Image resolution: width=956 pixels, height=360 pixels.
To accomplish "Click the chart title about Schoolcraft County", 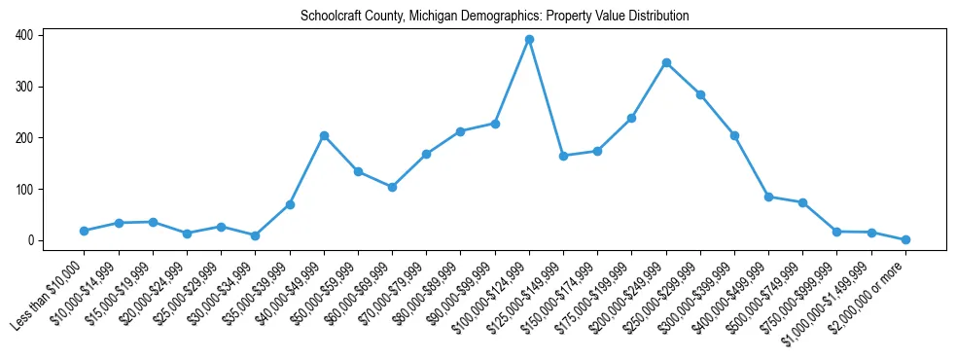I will pyautogui.click(x=495, y=17).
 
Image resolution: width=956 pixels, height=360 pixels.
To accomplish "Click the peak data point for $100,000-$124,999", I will pyautogui.click(x=529, y=39).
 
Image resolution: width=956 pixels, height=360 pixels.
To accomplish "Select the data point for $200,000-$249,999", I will pyautogui.click(x=666, y=62).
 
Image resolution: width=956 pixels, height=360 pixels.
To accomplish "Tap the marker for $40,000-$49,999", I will pyautogui.click(x=324, y=135).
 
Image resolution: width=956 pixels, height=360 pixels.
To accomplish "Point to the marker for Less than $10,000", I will pyautogui.click(x=85, y=231).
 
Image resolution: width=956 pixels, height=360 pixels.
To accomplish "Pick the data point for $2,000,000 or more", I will pyautogui.click(x=905, y=239).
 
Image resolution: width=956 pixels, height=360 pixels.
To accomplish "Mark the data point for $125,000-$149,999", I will pyautogui.click(x=563, y=156).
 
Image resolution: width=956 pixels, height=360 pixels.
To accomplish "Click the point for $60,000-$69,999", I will pyautogui.click(x=392, y=187).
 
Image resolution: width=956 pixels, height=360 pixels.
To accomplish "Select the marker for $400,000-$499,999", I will pyautogui.click(x=768, y=197).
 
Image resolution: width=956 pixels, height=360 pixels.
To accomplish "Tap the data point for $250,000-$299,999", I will pyautogui.click(x=700, y=94).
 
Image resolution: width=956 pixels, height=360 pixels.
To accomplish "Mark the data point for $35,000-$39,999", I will pyautogui.click(x=290, y=204).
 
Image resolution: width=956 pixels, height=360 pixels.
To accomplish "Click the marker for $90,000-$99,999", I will pyautogui.click(x=495, y=124).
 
